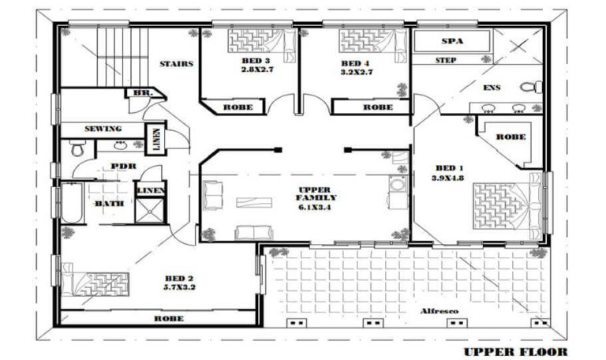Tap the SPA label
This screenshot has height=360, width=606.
point(451,41)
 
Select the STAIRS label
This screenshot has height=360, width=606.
point(176,64)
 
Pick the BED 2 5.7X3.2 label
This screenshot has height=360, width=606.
point(179,283)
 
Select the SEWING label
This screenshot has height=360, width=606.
point(103,129)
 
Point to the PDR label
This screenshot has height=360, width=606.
point(124,167)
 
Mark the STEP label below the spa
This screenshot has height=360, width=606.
point(447,60)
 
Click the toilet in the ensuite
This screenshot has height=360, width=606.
point(531,86)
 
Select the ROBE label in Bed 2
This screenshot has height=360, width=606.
point(169,319)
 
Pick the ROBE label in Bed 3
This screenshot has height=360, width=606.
point(238,107)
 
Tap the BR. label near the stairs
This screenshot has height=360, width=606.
point(143,93)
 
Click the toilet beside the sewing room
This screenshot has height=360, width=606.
point(77,148)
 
